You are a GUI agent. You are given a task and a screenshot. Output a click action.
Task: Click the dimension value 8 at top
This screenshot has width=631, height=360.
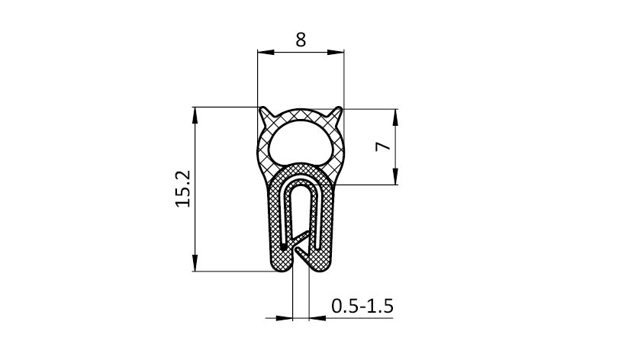(x=301, y=40)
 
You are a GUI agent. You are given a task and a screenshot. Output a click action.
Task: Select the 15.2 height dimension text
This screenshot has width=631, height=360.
(x=182, y=188)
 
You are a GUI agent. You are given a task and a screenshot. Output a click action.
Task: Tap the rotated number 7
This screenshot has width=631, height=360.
(x=383, y=146)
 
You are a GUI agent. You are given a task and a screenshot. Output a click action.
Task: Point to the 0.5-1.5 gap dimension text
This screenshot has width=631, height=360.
(x=362, y=306)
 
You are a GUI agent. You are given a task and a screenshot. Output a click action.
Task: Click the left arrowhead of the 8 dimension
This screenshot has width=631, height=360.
(x=266, y=53)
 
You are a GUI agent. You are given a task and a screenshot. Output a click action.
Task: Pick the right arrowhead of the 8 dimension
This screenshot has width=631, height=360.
(x=336, y=53)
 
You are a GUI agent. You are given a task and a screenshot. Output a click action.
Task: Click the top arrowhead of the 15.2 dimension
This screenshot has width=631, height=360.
(x=195, y=115)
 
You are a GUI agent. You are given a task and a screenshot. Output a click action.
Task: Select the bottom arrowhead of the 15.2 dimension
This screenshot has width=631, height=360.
(x=195, y=262)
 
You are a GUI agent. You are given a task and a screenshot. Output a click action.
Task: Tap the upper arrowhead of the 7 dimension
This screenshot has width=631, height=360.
(x=395, y=117)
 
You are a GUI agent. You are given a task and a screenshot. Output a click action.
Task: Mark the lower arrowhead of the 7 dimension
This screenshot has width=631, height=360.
(x=395, y=176)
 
